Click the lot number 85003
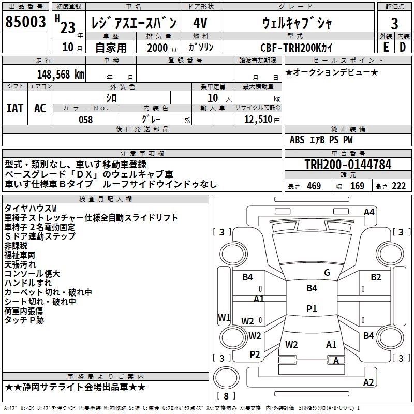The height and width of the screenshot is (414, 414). [x=25, y=22]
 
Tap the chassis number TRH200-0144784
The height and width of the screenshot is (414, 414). [x=347, y=165]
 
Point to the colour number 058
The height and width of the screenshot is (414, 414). [x=86, y=120]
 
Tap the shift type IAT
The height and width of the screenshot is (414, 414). [x=14, y=108]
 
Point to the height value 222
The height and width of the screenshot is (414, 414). [x=398, y=186]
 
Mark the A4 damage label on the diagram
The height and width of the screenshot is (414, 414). [x=369, y=212]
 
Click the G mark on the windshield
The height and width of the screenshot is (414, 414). [x=327, y=273]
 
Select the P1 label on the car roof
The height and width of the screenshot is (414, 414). [x=312, y=308]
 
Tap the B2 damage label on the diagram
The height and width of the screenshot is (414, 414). [x=376, y=277]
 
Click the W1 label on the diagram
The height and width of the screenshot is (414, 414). [x=224, y=317]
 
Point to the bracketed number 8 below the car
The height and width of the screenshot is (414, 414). [x=226, y=396]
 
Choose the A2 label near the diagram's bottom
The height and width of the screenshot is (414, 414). [x=368, y=382]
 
